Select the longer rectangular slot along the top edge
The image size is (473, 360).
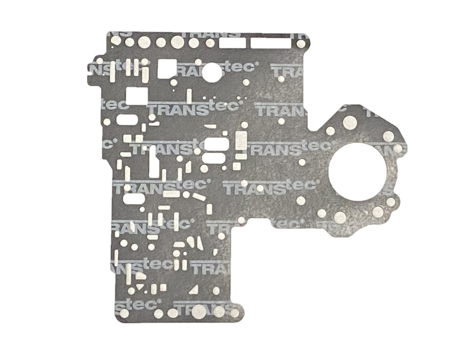pos(270,43)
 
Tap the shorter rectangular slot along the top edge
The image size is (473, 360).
pos(229,43)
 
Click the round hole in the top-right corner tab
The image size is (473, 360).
pos(301,43)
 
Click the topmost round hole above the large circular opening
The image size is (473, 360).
pos(349,122)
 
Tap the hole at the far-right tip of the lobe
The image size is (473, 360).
pos(399,148)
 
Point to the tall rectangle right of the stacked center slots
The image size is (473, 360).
pos(241,141)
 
